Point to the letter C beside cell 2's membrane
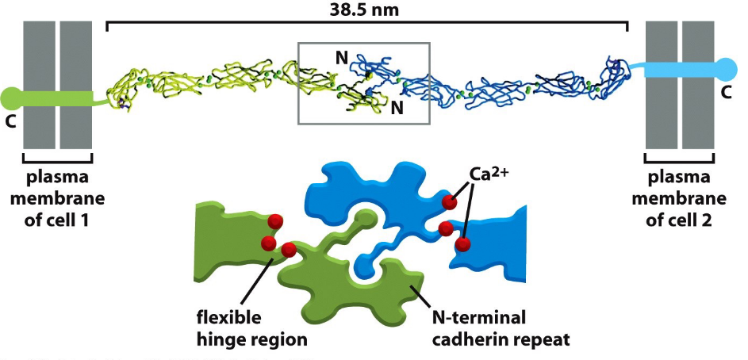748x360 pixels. coord(726,93)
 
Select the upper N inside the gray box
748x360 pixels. coord(342,57)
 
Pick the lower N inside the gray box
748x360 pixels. coord(397,109)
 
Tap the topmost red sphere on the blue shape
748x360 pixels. coord(450,202)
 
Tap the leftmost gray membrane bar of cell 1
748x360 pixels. coord(39,85)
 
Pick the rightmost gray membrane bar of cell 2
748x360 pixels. coord(698,85)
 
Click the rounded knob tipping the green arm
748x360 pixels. coord(365,216)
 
